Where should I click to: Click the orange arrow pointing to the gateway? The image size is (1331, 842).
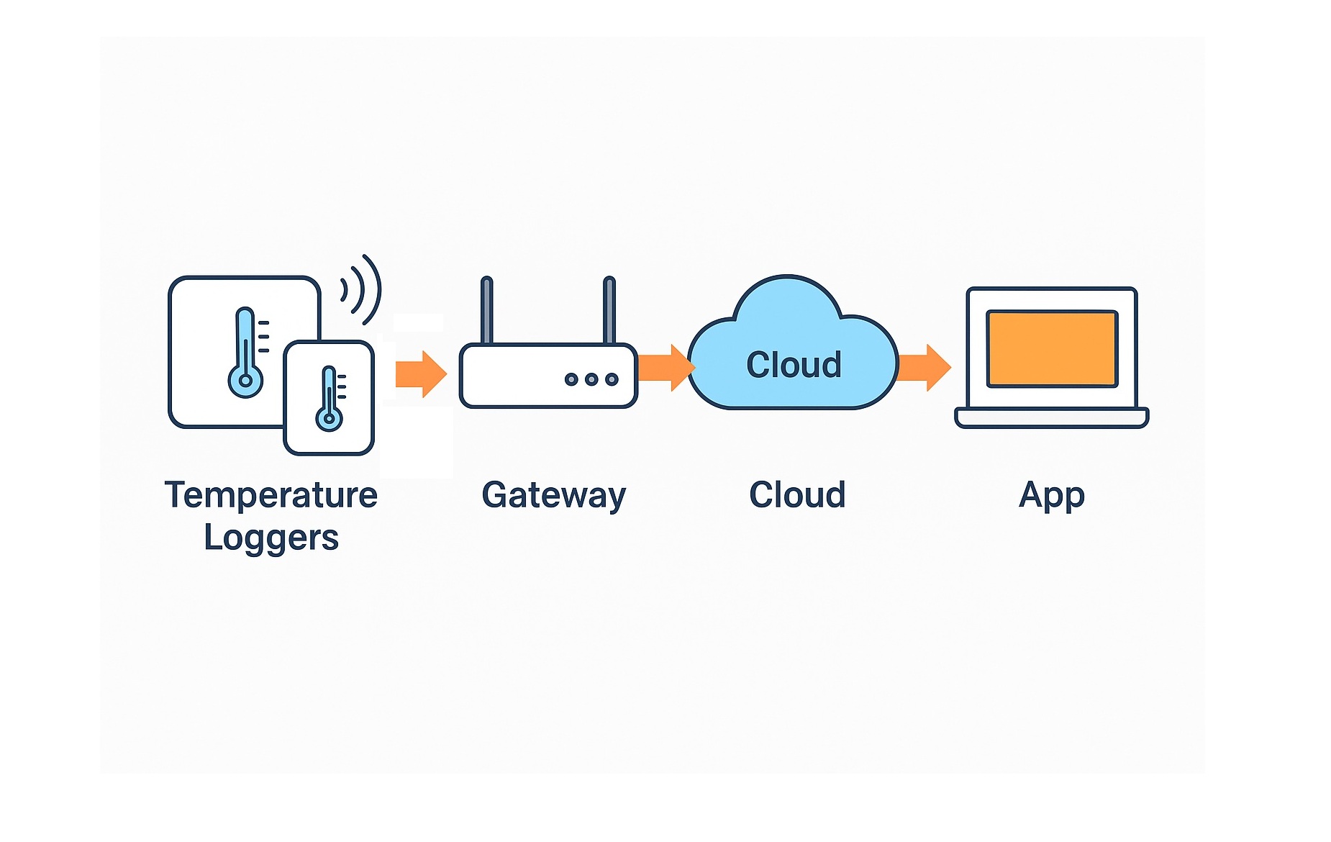[421, 374]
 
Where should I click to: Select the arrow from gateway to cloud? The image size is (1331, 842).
[663, 368]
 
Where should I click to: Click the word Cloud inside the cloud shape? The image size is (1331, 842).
[794, 365]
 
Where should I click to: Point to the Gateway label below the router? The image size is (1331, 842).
[554, 495]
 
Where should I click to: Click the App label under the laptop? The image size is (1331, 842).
[1051, 495]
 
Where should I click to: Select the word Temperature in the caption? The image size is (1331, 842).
[271, 495]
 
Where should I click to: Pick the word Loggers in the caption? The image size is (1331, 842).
[271, 538]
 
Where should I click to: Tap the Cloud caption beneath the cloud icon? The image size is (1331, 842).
[797, 495]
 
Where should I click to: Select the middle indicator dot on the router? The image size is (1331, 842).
[591, 379]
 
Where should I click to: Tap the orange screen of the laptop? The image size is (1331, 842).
[1051, 348]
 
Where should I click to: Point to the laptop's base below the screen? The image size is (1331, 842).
[1051, 417]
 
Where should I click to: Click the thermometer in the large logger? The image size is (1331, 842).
[246, 353]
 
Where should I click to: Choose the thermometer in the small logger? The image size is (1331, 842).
[330, 399]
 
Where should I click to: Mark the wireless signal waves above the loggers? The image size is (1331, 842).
[362, 289]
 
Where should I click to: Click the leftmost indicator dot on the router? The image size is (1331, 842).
[571, 379]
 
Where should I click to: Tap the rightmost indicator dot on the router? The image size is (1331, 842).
[612, 379]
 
